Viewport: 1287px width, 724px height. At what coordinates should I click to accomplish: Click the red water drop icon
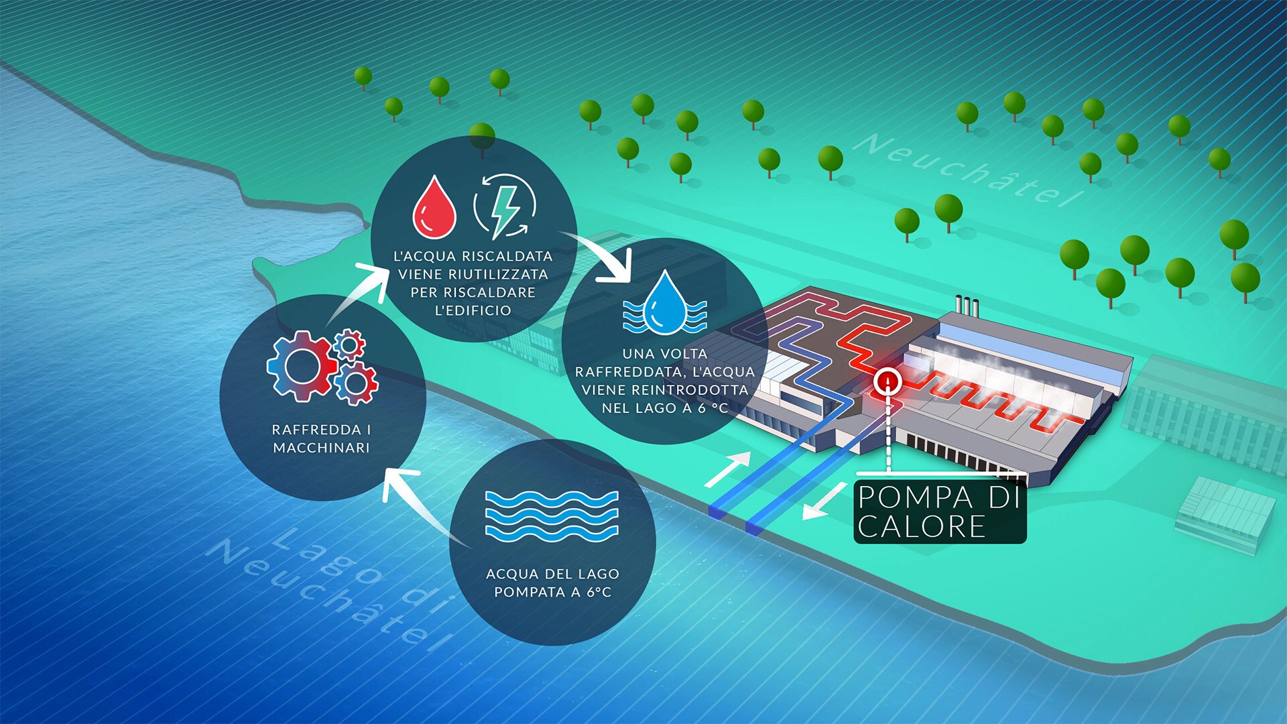434,208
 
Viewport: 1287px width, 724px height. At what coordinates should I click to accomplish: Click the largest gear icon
301,367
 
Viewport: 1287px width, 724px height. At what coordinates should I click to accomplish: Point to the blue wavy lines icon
552,516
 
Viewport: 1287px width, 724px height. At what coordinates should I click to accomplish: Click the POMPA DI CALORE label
940,511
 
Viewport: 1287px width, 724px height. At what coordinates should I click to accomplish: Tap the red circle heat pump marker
889,381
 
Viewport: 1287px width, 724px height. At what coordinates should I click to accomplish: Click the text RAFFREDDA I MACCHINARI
322,438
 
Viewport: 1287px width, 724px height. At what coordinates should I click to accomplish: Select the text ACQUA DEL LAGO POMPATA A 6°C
552,583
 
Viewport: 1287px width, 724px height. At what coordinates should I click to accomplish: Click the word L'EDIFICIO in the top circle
473,310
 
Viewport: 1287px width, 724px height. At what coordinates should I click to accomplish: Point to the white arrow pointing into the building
729,469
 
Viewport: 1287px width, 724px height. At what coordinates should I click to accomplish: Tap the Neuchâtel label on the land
973,169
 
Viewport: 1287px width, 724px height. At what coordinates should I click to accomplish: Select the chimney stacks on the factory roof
967,306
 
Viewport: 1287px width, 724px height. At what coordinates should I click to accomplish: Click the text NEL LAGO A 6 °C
664,408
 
